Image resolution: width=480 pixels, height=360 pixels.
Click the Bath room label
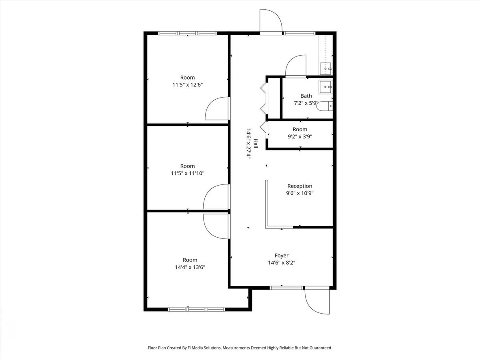(306, 96)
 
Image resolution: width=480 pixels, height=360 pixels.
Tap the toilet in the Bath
(328, 106)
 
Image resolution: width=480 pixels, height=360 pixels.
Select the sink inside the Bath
(326, 86)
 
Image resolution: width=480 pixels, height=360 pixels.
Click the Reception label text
(300, 186)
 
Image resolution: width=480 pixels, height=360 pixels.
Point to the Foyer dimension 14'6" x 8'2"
(282, 263)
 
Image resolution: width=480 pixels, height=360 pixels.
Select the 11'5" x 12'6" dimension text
(188, 85)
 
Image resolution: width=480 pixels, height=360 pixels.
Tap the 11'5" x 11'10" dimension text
(188, 173)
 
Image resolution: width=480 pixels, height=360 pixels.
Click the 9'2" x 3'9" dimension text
(300, 136)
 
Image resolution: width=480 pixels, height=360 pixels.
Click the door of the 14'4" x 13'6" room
(216, 226)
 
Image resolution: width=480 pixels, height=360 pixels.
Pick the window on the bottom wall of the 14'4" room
(196, 309)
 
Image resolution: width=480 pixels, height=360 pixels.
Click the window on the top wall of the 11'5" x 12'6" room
(187, 33)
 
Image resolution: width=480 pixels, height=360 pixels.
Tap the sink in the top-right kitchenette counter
(326, 68)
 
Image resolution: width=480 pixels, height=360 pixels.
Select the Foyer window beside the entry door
(286, 287)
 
